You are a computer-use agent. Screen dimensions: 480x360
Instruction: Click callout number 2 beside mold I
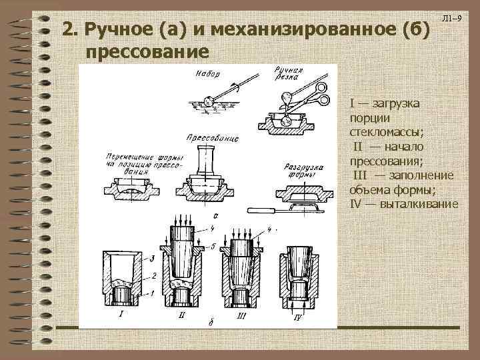click(153, 275)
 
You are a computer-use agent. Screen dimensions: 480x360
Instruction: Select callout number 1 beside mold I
click(153, 293)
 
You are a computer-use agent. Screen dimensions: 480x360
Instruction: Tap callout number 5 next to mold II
click(212, 247)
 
